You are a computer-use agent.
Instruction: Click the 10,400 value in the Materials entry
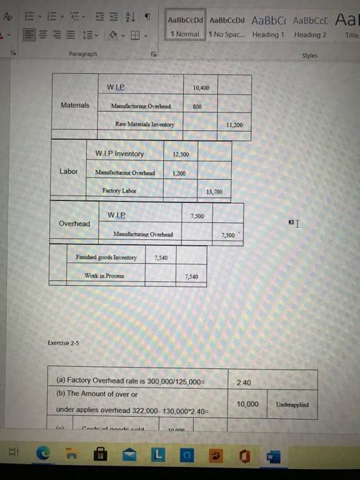pos(201,88)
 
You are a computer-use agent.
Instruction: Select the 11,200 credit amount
pos(234,125)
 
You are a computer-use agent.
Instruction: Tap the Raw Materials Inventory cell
pos(145,124)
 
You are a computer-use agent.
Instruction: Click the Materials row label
pos(75,105)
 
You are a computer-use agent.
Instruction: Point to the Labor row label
pos(69,171)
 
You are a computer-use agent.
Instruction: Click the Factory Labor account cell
pos(119,190)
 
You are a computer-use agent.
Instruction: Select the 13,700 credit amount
pos(215,192)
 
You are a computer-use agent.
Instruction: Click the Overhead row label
pos(74,224)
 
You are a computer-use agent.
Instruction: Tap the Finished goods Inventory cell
pos(106,258)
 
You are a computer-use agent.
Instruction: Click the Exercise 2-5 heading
pos(63,343)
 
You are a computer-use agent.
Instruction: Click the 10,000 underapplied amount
pos(248,404)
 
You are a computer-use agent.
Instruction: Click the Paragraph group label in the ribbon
pos(83,53)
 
